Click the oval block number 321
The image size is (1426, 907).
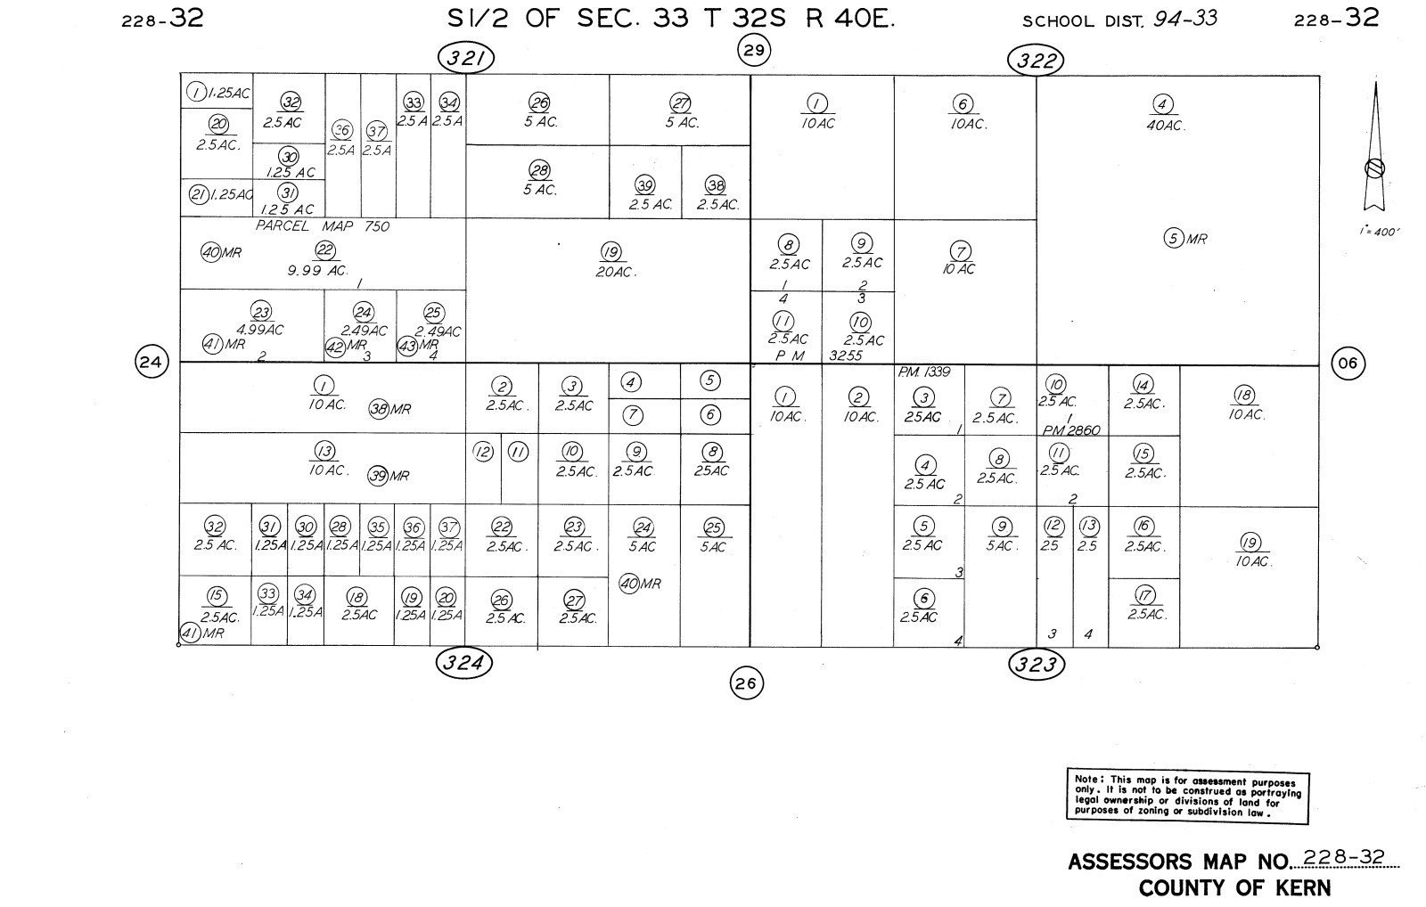(x=466, y=59)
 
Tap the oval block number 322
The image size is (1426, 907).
(x=1037, y=61)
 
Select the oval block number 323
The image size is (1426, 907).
(x=1037, y=664)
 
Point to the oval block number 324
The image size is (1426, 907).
(x=464, y=662)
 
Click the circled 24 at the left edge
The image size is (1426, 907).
(x=152, y=363)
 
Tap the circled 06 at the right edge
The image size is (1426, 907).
(x=1348, y=364)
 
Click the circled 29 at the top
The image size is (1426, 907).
(x=754, y=50)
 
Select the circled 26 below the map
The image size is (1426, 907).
(x=747, y=683)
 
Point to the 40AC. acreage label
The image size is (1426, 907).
(x=1164, y=126)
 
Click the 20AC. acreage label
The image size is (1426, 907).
(x=616, y=272)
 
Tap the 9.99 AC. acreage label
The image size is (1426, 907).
(x=317, y=270)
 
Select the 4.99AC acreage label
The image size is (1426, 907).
(x=261, y=331)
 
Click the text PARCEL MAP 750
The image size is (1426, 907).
(x=323, y=226)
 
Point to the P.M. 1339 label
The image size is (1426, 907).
(x=924, y=372)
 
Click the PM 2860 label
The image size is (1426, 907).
(x=1071, y=430)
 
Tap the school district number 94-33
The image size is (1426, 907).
(x=1184, y=19)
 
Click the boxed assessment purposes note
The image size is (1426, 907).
(x=1187, y=796)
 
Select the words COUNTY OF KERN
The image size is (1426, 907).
(x=1234, y=888)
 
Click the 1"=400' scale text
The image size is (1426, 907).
(x=1380, y=232)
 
